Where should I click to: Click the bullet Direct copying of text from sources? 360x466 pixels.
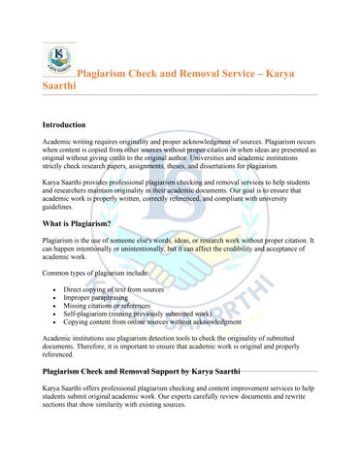(114, 290)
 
